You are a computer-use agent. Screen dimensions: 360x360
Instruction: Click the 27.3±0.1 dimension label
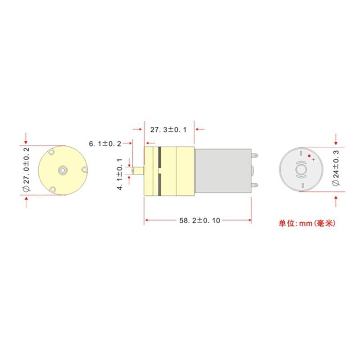168,130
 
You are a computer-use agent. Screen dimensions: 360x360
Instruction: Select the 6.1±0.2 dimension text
105,144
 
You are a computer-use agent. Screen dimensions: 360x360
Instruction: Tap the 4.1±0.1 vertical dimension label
120,174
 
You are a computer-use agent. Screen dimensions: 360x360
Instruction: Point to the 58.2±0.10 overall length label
199,220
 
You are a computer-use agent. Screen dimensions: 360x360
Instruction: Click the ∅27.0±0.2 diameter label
27,169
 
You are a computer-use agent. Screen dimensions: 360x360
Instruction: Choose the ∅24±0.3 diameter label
335,168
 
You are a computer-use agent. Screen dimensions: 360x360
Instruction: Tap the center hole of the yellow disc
63,170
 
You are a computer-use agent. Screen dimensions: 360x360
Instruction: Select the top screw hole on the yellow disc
51,152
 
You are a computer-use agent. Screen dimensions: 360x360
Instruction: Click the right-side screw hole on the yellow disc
84,170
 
